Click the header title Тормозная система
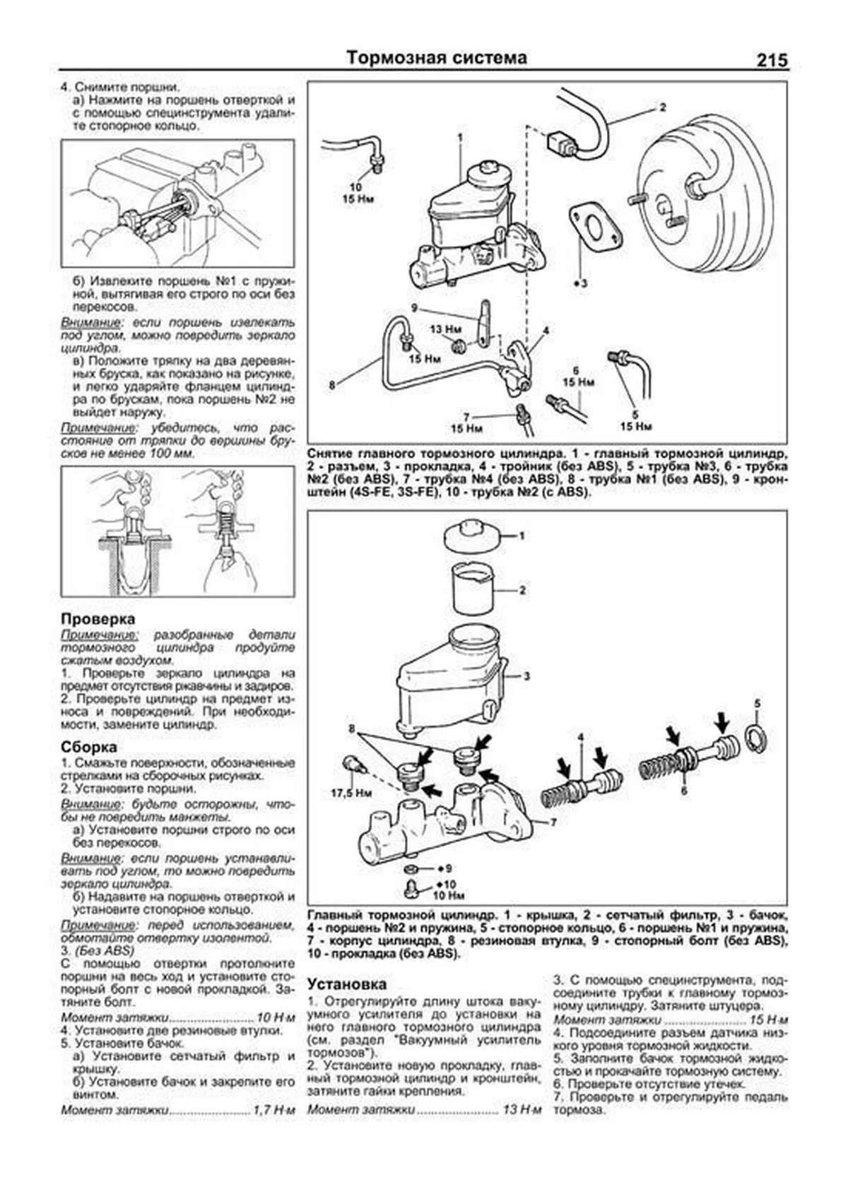(x=437, y=58)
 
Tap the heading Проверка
(x=98, y=618)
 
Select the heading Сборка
(x=89, y=747)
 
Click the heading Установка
(x=347, y=984)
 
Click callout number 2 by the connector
(x=662, y=108)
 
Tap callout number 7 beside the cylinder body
(x=553, y=822)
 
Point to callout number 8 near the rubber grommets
(x=351, y=728)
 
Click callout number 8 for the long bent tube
(x=331, y=385)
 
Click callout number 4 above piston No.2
(x=580, y=738)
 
